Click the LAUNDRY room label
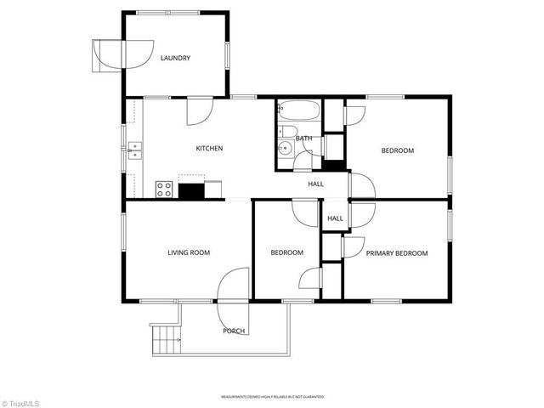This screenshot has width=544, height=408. (x=175, y=59)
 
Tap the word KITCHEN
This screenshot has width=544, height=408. (x=209, y=149)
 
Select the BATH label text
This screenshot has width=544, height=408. (x=303, y=138)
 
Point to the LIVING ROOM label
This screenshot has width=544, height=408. (x=188, y=252)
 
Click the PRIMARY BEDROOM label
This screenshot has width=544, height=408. (x=396, y=253)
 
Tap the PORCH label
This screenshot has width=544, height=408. (x=234, y=331)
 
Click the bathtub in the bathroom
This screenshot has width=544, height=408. (x=298, y=110)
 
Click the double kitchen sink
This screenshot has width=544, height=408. (x=134, y=151)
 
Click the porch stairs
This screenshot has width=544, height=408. (x=166, y=339)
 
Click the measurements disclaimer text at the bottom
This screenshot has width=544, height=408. (x=272, y=396)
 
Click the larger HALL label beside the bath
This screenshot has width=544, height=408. (x=315, y=184)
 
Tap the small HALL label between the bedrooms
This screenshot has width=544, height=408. (x=335, y=218)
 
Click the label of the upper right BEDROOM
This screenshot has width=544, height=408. (x=397, y=150)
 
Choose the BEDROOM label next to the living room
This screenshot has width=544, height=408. (x=287, y=252)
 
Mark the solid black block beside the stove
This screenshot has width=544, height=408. (x=191, y=191)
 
